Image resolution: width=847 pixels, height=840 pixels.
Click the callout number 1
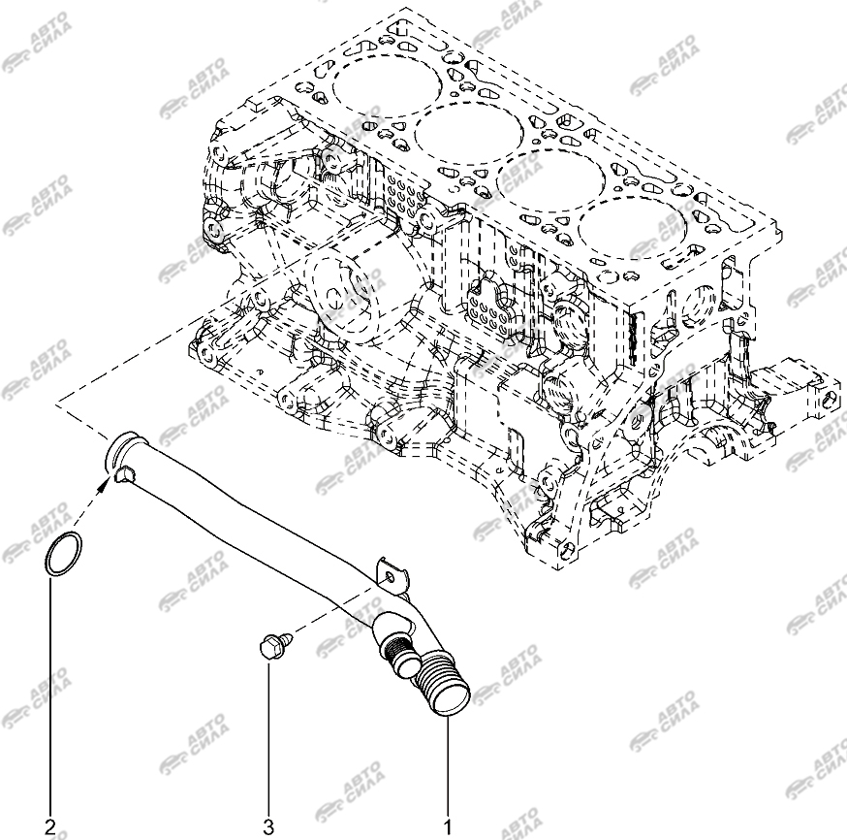coord(448,827)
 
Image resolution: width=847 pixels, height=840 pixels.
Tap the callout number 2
coord(50,827)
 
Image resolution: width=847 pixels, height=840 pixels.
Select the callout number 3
coord(268,827)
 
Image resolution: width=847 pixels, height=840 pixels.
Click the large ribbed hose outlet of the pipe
coord(444,687)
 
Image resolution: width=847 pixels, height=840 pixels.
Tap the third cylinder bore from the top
coord(551,173)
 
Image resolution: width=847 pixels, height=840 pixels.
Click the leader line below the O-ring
coord(51,696)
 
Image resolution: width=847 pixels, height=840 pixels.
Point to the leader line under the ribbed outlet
coord(448,767)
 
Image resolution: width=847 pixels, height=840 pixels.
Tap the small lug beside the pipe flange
coord(125,474)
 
